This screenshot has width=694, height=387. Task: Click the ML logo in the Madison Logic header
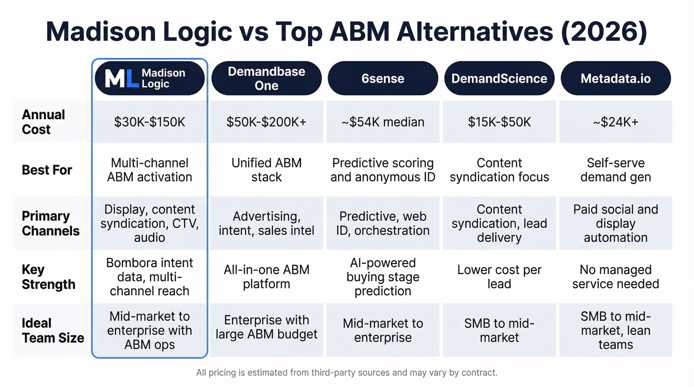[121, 78]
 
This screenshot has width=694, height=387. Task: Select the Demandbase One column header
[266, 78]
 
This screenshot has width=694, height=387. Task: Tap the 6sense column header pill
[383, 78]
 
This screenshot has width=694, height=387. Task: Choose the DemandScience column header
[499, 78]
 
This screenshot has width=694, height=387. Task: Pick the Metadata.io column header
[616, 78]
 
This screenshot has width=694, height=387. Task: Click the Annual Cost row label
[44, 122]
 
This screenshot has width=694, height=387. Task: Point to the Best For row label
[47, 170]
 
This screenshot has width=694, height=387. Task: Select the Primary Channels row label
[51, 223]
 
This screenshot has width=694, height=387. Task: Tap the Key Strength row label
[49, 277]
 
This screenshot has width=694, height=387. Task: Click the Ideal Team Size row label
[53, 331]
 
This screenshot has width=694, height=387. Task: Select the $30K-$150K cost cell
[150, 122]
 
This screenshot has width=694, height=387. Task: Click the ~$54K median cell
[383, 122]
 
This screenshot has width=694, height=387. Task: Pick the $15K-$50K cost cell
[499, 122]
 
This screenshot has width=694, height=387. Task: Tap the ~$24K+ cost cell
[616, 122]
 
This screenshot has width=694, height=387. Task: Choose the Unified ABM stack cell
[266, 170]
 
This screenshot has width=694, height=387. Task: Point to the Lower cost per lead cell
[499, 277]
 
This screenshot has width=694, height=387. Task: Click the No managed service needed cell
[616, 277]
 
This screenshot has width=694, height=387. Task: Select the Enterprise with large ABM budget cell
[266, 327]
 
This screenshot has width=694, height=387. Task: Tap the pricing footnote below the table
[347, 372]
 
